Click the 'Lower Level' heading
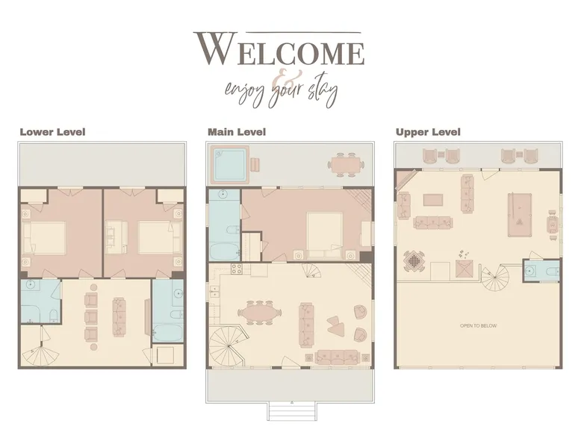coord(52,132)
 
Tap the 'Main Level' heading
coord(237,132)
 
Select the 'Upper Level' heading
coord(428,132)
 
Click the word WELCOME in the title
coord(279,49)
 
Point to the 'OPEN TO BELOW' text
coord(479,326)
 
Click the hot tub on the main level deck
coord(230,164)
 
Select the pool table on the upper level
coord(520,214)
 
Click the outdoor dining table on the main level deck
coord(346,163)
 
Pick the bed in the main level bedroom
coord(324,234)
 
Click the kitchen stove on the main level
coord(237,269)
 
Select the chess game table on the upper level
coord(414,260)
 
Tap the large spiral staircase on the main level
coord(226,346)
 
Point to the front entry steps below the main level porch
coord(292,411)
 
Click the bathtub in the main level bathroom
coord(225,251)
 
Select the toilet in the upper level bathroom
coord(553,272)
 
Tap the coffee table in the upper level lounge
coord(433,199)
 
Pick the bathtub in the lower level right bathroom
coord(168,333)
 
